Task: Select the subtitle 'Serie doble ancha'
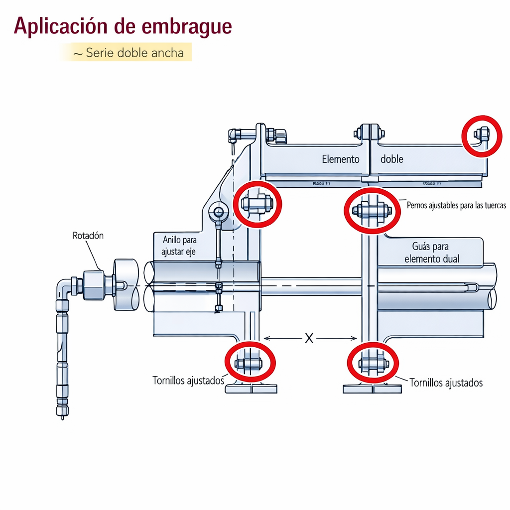click(134, 52)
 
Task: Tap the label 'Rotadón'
click(88, 236)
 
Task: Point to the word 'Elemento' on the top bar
click(341, 159)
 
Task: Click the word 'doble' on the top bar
click(392, 159)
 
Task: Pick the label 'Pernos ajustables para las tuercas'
click(456, 205)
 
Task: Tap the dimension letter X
click(309, 339)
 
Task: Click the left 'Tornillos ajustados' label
click(189, 381)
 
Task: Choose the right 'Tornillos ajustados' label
click(446, 382)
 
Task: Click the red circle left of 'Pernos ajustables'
click(372, 210)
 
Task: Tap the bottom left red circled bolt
click(249, 363)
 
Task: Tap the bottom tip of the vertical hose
click(62, 417)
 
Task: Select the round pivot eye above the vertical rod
click(218, 213)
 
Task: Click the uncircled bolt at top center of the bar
click(370, 133)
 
